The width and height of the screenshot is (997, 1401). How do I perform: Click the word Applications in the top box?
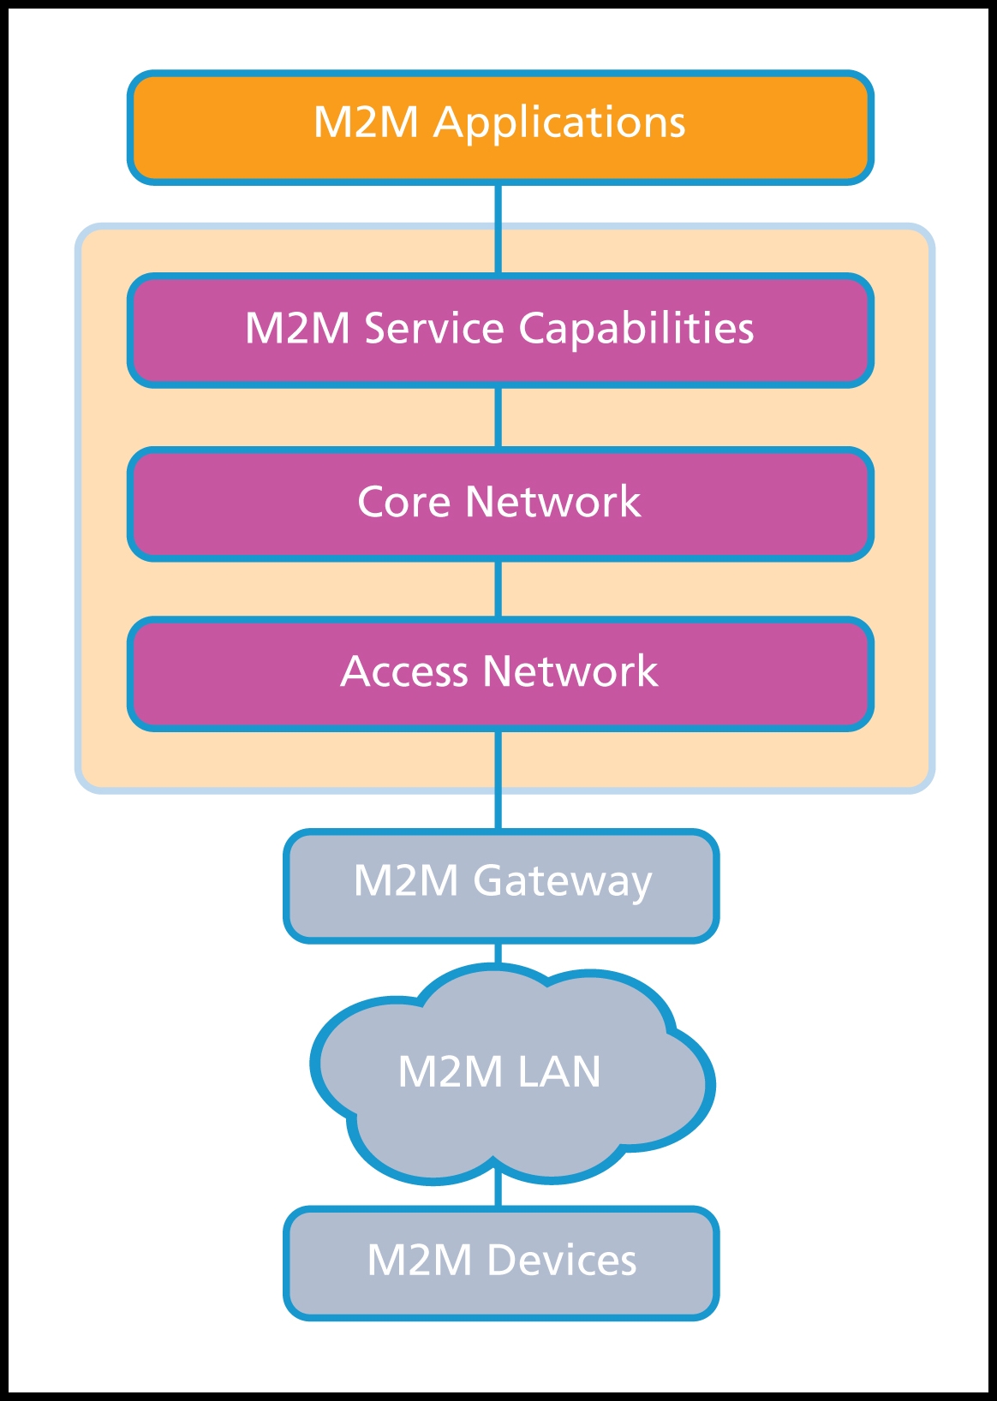559,123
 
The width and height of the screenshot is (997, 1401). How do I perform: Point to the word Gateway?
562,882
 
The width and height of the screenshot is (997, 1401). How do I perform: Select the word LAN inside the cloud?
558,1072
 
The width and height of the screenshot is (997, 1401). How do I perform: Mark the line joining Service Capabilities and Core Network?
498,417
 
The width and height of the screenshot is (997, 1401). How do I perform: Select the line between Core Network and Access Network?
498,589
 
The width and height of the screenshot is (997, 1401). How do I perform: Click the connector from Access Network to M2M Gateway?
498,779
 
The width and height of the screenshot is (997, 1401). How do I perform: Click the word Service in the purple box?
434,330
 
